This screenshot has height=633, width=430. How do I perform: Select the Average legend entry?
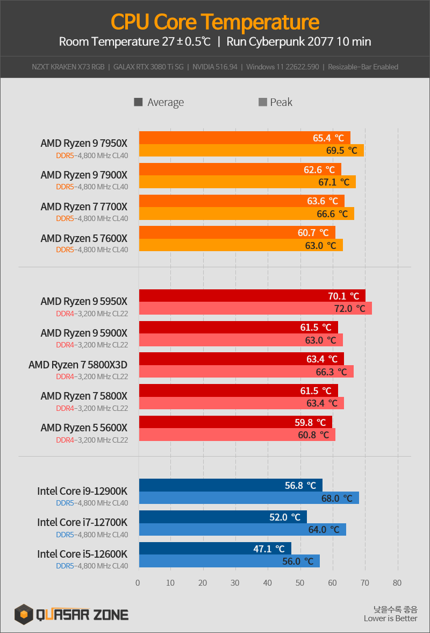coord(159,102)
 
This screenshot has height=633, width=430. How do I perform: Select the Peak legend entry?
coord(276,102)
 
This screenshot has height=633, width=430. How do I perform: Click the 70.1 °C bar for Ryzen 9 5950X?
coord(252,296)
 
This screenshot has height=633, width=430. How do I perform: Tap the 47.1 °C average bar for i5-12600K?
coord(215,549)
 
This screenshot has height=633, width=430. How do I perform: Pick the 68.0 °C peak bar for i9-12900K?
coord(249,498)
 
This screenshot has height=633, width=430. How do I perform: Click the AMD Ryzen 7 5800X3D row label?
coord(78,365)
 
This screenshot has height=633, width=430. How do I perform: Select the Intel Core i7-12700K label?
coord(82,522)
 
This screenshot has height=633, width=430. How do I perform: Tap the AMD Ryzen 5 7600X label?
coord(84,238)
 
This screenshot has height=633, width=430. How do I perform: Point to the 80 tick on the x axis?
coord(397,583)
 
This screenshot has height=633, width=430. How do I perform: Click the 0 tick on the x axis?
coord(138,583)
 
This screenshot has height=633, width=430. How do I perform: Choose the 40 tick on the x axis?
coord(268,583)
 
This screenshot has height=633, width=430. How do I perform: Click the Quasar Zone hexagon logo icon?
coord(24,614)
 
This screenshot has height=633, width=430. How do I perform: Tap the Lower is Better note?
coord(390,618)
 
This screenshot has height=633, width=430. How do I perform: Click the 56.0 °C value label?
coord(297,561)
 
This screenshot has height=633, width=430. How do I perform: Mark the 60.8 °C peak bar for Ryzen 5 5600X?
coord(237,435)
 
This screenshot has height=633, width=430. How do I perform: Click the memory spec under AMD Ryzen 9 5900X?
coord(92,345)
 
